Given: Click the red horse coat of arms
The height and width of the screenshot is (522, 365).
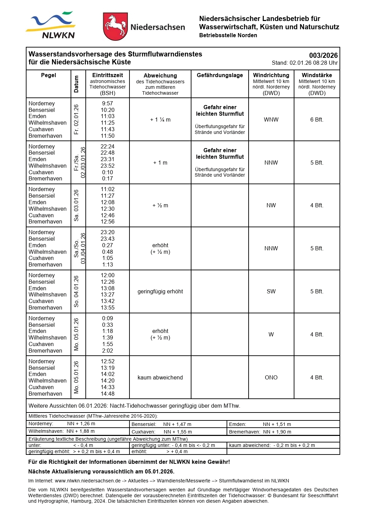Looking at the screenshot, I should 115,27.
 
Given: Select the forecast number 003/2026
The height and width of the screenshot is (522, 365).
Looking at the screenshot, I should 323,55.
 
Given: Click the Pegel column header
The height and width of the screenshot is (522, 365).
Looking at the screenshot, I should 49,75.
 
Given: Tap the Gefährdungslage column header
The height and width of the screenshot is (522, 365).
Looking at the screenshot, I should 220,75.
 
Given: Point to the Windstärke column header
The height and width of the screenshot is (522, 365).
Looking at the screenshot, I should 317,75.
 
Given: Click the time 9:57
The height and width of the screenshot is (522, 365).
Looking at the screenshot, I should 107,103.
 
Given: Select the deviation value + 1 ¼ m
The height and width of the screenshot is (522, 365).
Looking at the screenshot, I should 160,120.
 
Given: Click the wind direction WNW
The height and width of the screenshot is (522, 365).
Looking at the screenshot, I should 271,120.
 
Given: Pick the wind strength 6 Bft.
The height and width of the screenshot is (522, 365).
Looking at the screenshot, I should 317,120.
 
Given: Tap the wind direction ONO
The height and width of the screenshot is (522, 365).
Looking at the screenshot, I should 271,378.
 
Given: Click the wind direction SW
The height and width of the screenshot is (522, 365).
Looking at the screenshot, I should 271,292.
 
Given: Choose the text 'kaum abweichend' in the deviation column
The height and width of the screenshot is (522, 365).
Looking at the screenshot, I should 160,378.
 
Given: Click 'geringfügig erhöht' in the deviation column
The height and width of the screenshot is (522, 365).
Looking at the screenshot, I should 160,292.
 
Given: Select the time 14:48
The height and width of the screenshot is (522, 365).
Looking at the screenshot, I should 107,394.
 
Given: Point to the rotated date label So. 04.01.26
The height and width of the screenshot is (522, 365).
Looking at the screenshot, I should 76,292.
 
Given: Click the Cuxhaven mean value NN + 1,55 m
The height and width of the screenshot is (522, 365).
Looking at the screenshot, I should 178,432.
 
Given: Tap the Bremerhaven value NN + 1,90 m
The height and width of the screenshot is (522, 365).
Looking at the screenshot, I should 277,432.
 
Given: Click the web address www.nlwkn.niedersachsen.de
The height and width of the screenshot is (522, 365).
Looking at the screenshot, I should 87,481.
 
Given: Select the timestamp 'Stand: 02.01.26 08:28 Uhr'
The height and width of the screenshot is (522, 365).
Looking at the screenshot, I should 304,63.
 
